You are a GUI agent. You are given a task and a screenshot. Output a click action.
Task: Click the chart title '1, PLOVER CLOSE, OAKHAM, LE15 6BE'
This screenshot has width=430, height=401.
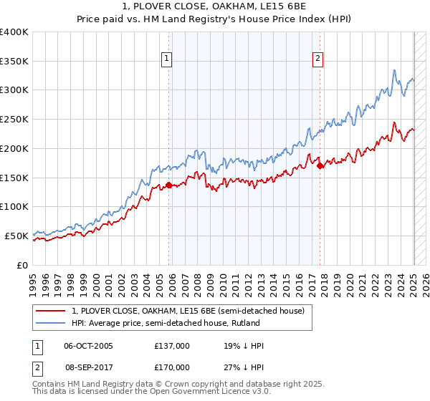pos(215,7)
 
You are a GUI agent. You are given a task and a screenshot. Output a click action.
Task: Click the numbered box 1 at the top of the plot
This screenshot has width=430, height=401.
pos(166,59)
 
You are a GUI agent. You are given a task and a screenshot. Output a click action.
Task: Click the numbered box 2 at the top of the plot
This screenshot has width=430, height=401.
pos(317,59)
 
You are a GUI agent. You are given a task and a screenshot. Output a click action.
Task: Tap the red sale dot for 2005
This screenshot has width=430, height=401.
pos(169,185)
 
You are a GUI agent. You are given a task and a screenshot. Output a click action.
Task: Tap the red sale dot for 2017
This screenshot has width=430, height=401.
pos(320,165)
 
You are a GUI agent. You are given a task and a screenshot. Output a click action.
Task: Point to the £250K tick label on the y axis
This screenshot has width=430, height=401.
pos(14,119)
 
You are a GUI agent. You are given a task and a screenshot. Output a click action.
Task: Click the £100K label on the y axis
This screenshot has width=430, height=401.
pos(14,206)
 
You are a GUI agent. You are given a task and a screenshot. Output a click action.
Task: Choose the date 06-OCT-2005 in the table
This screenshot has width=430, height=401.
pos(88,346)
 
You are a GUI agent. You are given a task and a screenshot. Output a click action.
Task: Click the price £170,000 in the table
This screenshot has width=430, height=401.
pos(172,367)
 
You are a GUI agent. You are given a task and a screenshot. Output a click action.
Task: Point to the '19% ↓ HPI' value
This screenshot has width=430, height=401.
pos(244,346)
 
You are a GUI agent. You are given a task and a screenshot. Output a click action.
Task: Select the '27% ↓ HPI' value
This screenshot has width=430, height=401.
pos(244,367)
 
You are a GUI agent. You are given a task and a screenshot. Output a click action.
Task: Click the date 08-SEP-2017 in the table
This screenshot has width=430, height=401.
pos(88,367)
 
